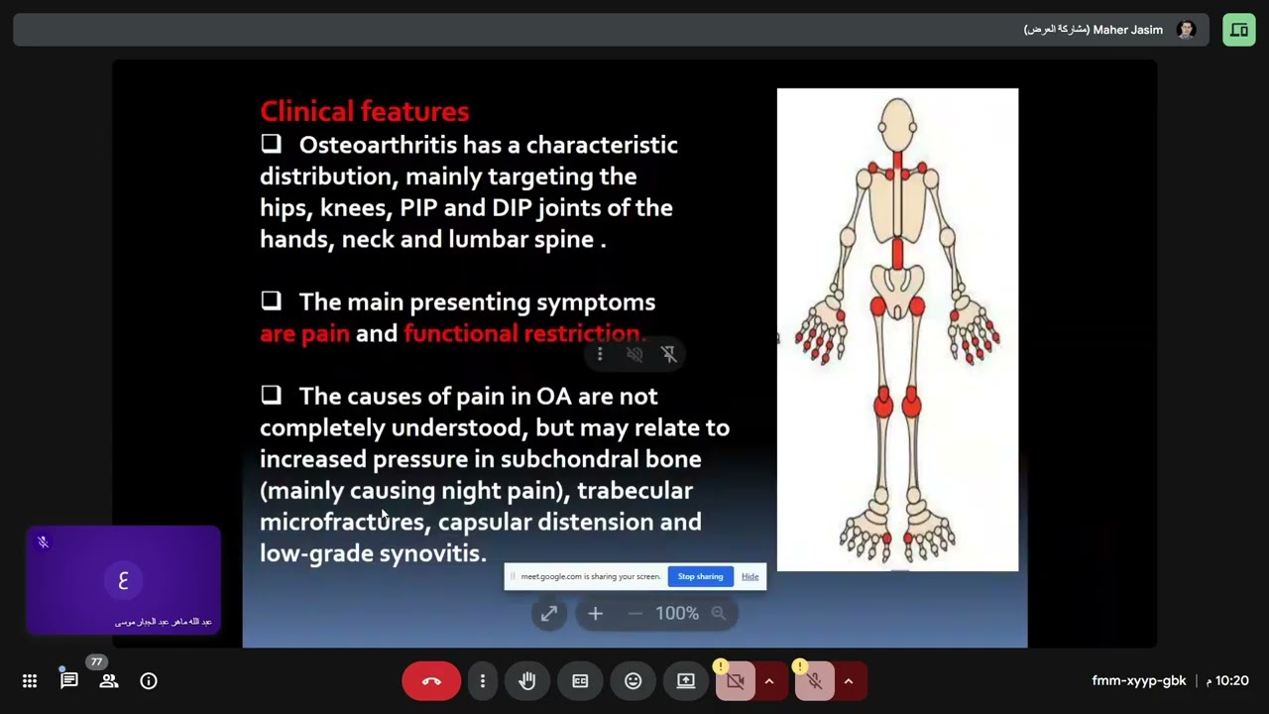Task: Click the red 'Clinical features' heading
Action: pyautogui.click(x=364, y=111)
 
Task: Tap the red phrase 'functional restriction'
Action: pyautogui.click(x=523, y=333)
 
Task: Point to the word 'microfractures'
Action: pyautogui.click(x=342, y=522)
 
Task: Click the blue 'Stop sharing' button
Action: pyautogui.click(x=700, y=576)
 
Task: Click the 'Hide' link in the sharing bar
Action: pyautogui.click(x=750, y=576)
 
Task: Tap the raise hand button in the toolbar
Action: pyautogui.click(x=527, y=681)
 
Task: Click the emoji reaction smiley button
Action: pyautogui.click(x=633, y=681)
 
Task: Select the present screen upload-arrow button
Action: pyautogui.click(x=685, y=681)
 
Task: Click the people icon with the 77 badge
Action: pyautogui.click(x=109, y=681)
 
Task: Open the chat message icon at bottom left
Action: pyautogui.click(x=68, y=681)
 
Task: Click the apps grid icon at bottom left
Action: pyautogui.click(x=30, y=681)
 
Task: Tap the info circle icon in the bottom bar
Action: pyautogui.click(x=149, y=681)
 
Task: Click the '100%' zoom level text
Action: pyautogui.click(x=677, y=614)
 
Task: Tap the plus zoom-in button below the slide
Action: pyautogui.click(x=595, y=614)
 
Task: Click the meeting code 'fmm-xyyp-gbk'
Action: pyautogui.click(x=1138, y=681)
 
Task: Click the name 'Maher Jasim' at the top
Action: pyautogui.click(x=1127, y=30)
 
